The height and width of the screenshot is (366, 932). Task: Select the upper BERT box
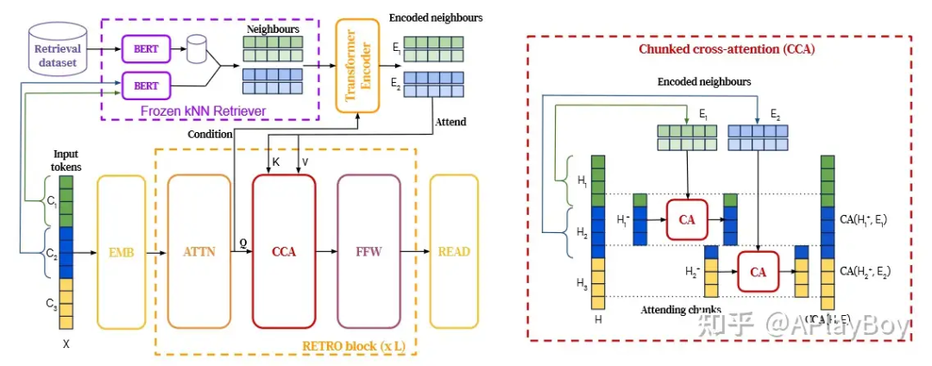[146, 48]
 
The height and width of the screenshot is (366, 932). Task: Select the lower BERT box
[146, 85]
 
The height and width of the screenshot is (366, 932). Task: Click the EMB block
[123, 251]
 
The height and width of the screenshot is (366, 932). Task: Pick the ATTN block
[199, 251]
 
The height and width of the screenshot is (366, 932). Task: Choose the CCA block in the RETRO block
[284, 251]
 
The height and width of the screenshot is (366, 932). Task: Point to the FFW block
[368, 251]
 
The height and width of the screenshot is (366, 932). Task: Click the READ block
[454, 251]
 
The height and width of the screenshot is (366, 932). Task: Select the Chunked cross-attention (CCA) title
[727, 49]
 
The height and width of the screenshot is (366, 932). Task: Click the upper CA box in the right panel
[687, 219]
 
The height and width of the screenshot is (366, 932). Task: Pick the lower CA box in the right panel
[758, 272]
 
